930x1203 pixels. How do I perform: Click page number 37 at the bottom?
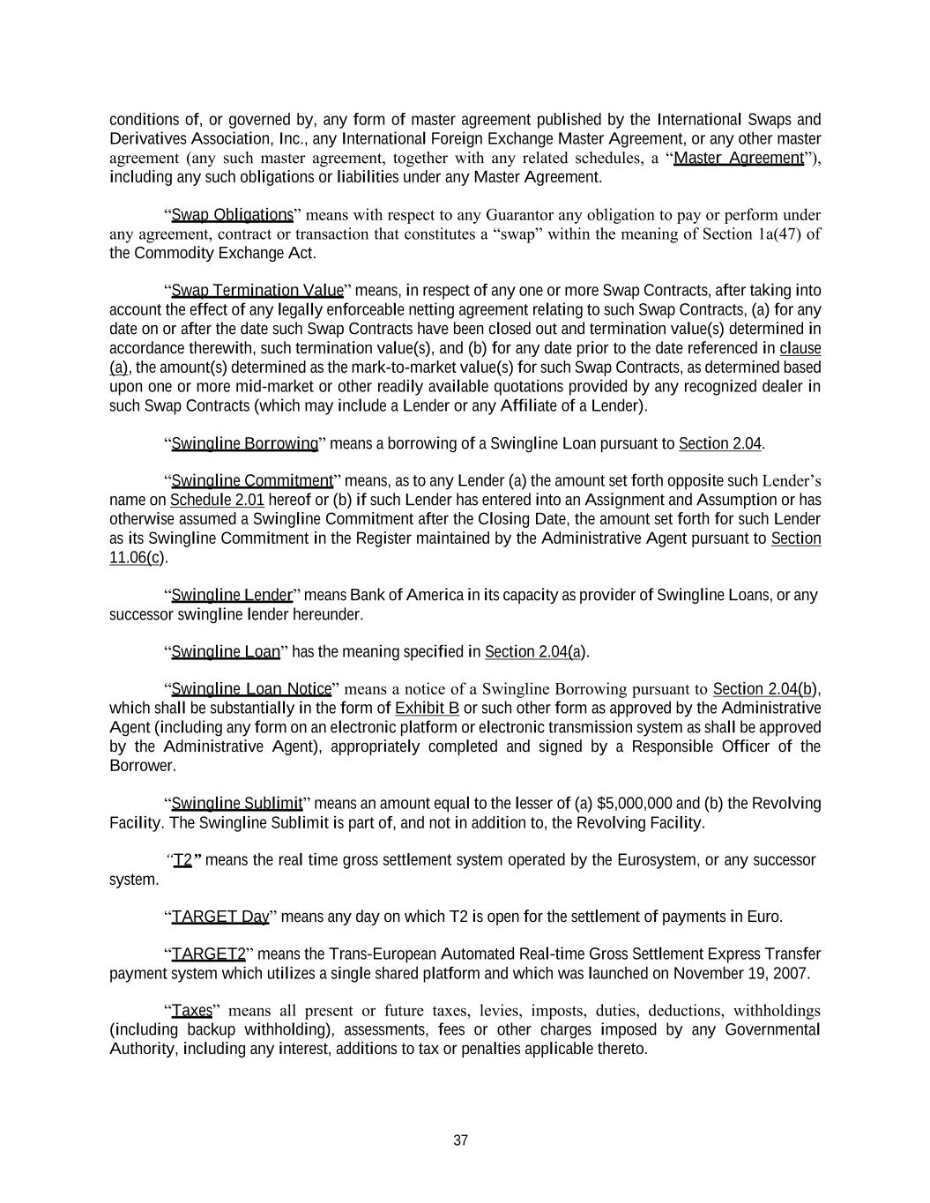click(x=460, y=1140)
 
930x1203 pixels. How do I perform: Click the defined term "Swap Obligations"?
click(x=232, y=215)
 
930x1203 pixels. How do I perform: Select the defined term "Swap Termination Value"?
click(x=257, y=291)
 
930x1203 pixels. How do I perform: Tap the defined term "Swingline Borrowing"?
click(x=244, y=443)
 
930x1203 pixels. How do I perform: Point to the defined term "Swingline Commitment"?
click(x=251, y=481)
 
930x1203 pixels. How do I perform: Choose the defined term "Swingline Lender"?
click(x=231, y=595)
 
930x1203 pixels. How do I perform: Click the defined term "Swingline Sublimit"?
click(x=236, y=804)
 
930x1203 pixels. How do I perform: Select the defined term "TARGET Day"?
click(x=219, y=917)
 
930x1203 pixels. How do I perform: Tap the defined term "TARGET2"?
click(x=208, y=954)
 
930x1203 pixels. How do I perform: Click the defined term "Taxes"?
click(x=191, y=1010)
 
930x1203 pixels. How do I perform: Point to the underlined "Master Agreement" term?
click(x=738, y=158)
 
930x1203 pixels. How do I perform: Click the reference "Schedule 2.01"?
click(x=217, y=501)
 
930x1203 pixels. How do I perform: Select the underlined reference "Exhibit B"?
click(x=428, y=709)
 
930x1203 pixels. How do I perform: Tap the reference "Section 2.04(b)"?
click(x=766, y=689)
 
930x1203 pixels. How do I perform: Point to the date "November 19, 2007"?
click(x=741, y=973)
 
